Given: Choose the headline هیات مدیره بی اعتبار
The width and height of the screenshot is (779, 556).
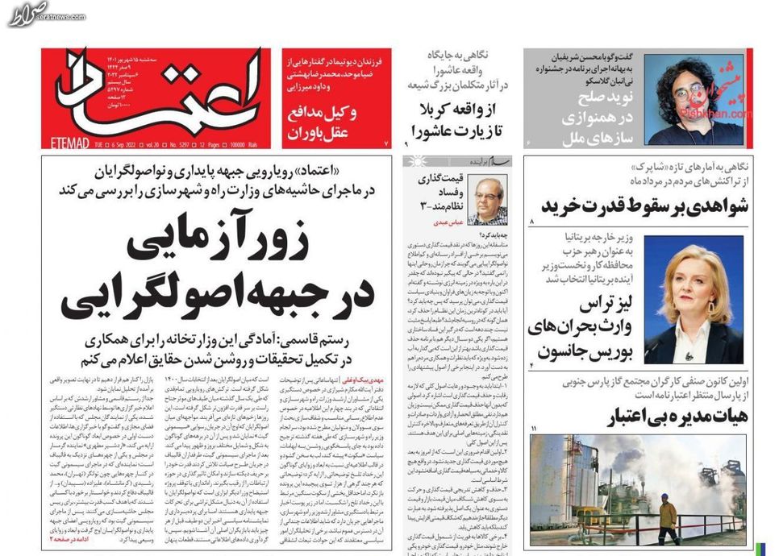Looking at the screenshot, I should coord(678,416).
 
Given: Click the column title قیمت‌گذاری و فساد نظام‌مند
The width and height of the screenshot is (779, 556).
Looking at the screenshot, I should coord(440,194).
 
